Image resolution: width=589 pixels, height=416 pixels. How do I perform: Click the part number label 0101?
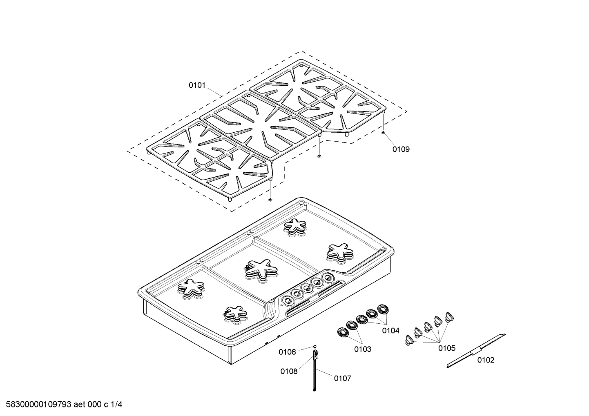pos(197,85)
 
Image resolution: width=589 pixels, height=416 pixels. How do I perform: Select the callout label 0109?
pos(401,149)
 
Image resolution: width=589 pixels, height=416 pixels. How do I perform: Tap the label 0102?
pos(486,360)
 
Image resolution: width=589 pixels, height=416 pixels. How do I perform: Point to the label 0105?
pos(447,348)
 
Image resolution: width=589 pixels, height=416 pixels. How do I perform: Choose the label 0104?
pos(391,331)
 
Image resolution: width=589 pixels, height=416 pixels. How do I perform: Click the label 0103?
pos(363,349)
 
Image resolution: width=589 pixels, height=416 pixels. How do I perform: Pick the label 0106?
pos(287,352)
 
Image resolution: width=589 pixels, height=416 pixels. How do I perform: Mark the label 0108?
pos(289,372)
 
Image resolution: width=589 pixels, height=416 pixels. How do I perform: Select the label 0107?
pos(343,378)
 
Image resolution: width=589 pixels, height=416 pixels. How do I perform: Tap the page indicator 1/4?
pos(116,405)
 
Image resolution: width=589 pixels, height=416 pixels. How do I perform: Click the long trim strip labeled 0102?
pos(476,351)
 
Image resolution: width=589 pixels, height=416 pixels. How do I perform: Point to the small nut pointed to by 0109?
pos(384,133)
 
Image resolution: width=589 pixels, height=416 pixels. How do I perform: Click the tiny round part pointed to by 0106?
pos(315,347)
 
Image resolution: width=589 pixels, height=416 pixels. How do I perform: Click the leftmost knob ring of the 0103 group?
pos(343,332)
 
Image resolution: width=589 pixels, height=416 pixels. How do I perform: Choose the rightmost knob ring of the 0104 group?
pos(383,309)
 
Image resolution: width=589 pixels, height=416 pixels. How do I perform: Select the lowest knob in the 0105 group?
pos(408,340)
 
